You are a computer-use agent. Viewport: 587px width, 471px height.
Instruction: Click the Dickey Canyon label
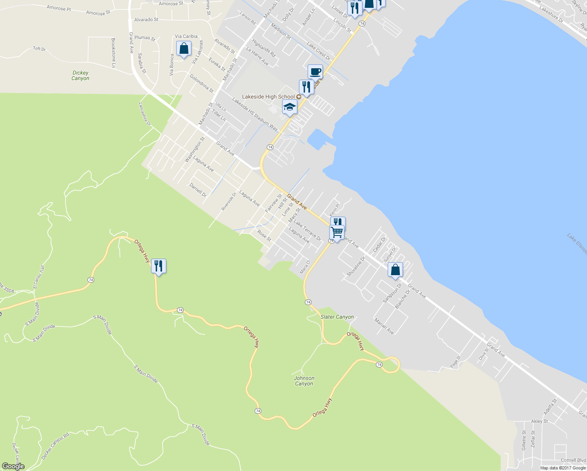(80, 75)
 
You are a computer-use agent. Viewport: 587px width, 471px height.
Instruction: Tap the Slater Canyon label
(337, 317)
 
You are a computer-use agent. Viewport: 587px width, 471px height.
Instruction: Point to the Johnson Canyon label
(304, 381)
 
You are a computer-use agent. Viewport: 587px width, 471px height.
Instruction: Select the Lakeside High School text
(268, 97)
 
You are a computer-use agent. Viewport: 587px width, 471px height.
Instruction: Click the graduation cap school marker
(290, 107)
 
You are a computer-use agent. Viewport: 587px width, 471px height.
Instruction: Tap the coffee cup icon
(315, 72)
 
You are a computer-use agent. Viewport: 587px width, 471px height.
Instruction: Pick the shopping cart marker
(337, 232)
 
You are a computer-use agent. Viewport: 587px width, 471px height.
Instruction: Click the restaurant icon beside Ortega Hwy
(159, 267)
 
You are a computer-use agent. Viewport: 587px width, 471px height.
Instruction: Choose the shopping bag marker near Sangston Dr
(395, 270)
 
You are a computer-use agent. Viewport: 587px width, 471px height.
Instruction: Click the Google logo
(13, 466)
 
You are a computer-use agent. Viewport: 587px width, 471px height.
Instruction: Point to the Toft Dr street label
(39, 49)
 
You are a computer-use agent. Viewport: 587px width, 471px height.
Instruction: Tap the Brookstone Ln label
(113, 53)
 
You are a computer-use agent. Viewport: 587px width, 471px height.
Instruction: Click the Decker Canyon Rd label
(55, 446)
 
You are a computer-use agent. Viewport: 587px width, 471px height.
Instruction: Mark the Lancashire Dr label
(145, 114)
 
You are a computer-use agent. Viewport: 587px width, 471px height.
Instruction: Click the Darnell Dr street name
(198, 190)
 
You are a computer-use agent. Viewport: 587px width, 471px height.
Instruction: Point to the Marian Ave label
(384, 326)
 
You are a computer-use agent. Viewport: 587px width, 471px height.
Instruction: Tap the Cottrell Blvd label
(573, 460)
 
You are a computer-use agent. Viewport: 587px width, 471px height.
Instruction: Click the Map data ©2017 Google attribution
(563, 468)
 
